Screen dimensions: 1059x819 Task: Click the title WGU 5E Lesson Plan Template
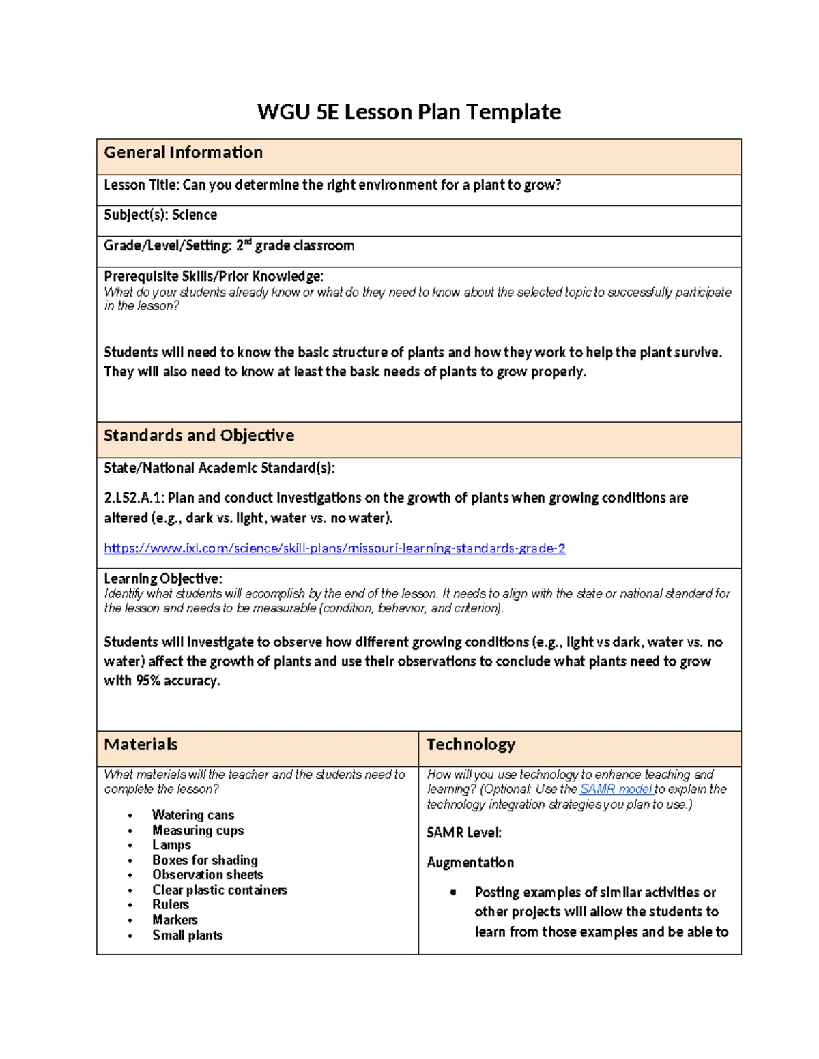pos(409,112)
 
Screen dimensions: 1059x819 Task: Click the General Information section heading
pos(183,153)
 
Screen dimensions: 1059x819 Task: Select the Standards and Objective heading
pos(199,436)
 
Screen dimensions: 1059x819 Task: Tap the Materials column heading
pos(141,745)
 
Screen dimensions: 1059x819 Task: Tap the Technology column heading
pos(470,745)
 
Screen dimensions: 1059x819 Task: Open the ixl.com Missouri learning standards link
pos(334,548)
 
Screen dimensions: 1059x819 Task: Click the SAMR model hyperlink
pos(616,789)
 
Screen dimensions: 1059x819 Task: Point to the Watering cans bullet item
pos(193,815)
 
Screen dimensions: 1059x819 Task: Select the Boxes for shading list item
pos(205,860)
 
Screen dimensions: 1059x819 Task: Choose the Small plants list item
pos(187,935)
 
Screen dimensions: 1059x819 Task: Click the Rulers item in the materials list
pos(171,905)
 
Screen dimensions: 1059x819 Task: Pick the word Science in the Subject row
pos(195,215)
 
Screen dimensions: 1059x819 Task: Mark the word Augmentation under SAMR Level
pos(470,863)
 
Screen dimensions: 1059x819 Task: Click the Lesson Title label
pos(141,185)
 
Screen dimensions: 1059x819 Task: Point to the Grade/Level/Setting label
pos(167,246)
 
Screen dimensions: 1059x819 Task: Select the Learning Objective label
pos(162,579)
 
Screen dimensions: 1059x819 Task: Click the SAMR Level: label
pos(464,833)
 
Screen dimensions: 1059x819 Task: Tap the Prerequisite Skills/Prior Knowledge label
pos(213,276)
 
